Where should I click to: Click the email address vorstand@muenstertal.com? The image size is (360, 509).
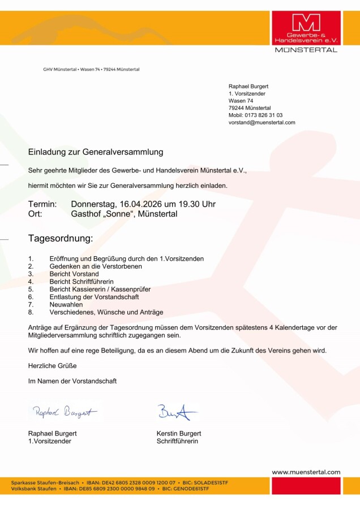point(262,122)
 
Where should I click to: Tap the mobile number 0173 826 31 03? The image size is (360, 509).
point(263,115)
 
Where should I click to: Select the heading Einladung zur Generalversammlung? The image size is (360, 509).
point(96,152)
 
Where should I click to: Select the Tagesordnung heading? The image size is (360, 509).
point(61,238)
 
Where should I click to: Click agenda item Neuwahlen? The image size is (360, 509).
point(66,304)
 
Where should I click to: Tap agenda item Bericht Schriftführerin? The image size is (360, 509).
point(82,281)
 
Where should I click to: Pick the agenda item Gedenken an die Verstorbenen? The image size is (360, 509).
point(96,266)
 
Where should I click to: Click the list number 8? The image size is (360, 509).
point(31,312)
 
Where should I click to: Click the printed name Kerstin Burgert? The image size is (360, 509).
point(178,433)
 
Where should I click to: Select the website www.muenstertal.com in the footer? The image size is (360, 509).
point(306,472)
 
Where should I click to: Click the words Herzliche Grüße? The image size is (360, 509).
point(52,366)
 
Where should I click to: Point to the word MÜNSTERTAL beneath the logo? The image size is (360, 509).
point(306,50)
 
